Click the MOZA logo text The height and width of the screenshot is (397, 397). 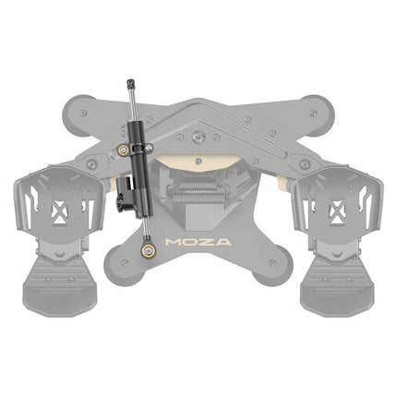(198, 242)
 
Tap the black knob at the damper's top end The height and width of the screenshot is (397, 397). (131, 83)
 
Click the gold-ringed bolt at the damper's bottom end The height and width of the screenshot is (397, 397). (149, 250)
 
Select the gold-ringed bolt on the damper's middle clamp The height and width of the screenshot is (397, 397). (123, 150)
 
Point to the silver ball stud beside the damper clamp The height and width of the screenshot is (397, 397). (149, 148)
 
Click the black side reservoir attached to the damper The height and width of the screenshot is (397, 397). (125, 194)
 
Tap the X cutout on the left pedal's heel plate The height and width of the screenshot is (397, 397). (59, 212)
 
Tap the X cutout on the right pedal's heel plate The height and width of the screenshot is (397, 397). (336, 212)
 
